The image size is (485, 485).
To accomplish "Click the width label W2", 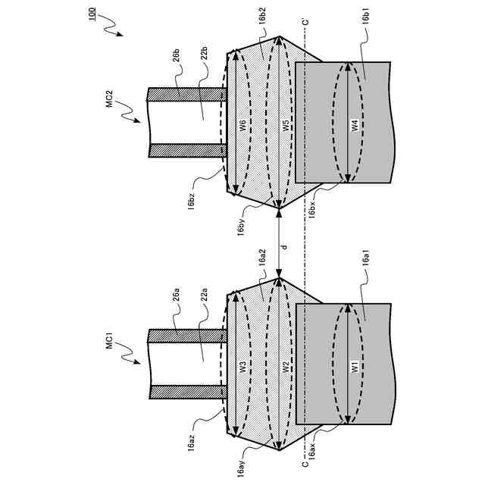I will pyautogui.click(x=286, y=367).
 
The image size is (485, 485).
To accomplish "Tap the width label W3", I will pyautogui.click(x=243, y=367).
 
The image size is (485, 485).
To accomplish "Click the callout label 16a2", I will pyautogui.click(x=262, y=258).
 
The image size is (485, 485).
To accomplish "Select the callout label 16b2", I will pyautogui.click(x=261, y=17).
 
